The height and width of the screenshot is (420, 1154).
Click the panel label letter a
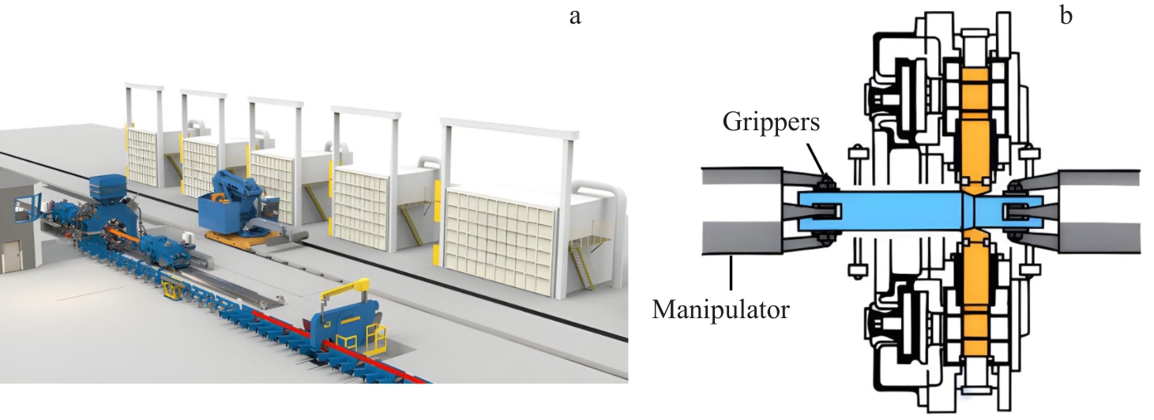pyautogui.click(x=575, y=15)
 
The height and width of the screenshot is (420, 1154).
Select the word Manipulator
pyautogui.click(x=720, y=309)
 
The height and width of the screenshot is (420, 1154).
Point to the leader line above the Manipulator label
pyautogui.click(x=732, y=276)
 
